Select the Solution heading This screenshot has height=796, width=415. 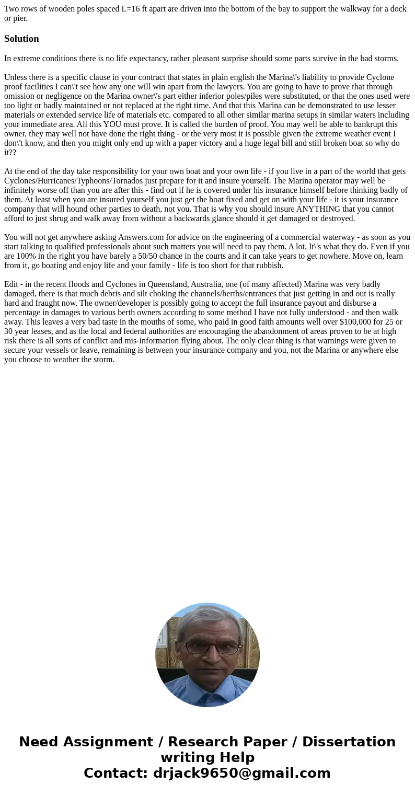pyautogui.click(x=21, y=39)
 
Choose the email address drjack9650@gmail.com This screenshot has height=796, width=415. pyautogui.click(x=241, y=773)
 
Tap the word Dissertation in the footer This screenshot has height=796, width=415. pyautogui.click(x=349, y=742)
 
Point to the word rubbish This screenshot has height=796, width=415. pyautogui.click(x=268, y=266)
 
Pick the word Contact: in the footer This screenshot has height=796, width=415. pyautogui.click(x=116, y=773)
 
